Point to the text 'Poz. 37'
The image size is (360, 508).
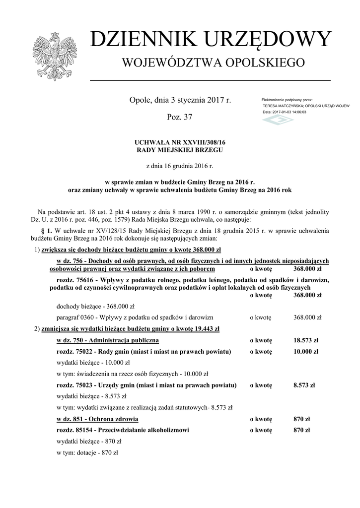click(180, 118)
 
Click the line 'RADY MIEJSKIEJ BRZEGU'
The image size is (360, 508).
click(180, 149)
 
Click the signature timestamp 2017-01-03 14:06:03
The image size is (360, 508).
click(289, 112)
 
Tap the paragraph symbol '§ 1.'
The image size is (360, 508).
click(46, 231)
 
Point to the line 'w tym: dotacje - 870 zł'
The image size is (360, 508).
click(87, 452)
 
